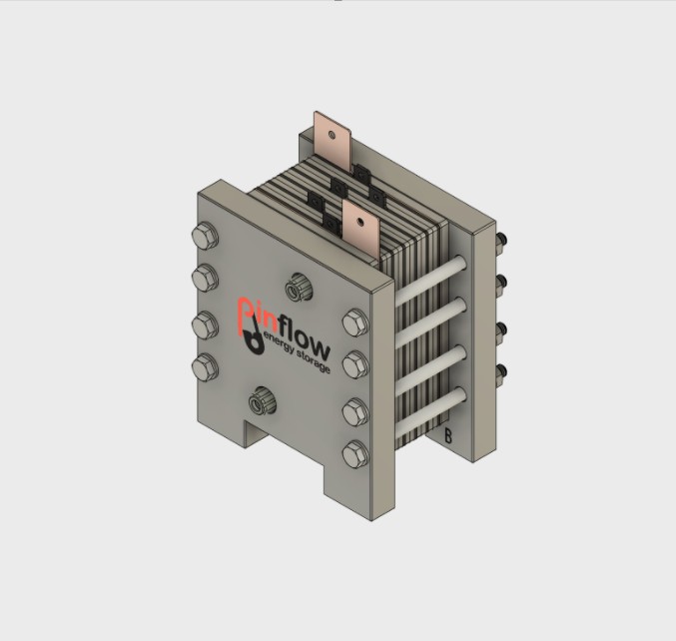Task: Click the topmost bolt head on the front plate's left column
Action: click(x=203, y=237)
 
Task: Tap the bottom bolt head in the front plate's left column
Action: click(x=205, y=365)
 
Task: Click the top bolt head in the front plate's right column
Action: click(x=353, y=322)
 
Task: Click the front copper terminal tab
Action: click(x=357, y=226)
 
